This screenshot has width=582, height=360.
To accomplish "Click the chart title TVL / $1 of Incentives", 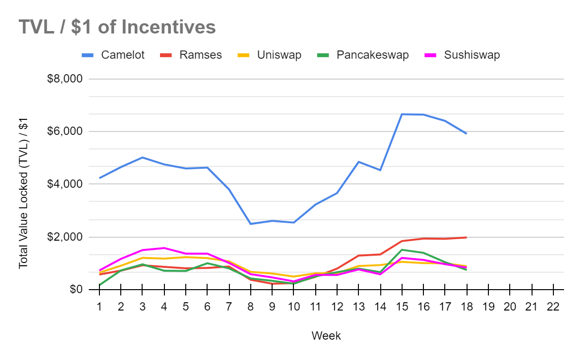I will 117,27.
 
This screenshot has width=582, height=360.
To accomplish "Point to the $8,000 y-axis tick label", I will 65,79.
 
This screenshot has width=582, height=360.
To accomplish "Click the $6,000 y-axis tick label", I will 65,131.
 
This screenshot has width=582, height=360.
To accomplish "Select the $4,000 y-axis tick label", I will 65,184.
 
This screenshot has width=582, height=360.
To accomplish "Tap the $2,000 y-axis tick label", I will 65,237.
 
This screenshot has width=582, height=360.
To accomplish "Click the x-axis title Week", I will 326,336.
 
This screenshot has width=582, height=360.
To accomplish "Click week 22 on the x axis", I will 553,307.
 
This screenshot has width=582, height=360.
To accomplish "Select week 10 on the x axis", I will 293,307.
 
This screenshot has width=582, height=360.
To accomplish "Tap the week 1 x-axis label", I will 98,307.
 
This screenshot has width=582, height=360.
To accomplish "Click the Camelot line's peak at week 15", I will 402,114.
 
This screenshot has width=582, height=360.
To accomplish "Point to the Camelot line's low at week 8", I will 250,224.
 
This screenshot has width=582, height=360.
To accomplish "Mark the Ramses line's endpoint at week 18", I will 466,237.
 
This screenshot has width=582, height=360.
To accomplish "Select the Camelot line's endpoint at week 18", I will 466,133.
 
